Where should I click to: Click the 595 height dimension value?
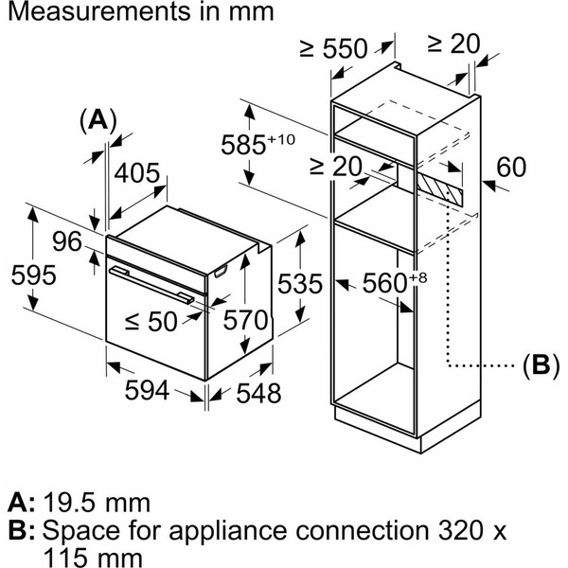click(33, 275)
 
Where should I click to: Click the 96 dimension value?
click(67, 242)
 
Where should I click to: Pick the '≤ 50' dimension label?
click(151, 322)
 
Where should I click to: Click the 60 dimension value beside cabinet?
click(510, 168)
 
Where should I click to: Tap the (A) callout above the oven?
click(98, 119)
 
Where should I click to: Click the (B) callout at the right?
click(535, 364)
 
